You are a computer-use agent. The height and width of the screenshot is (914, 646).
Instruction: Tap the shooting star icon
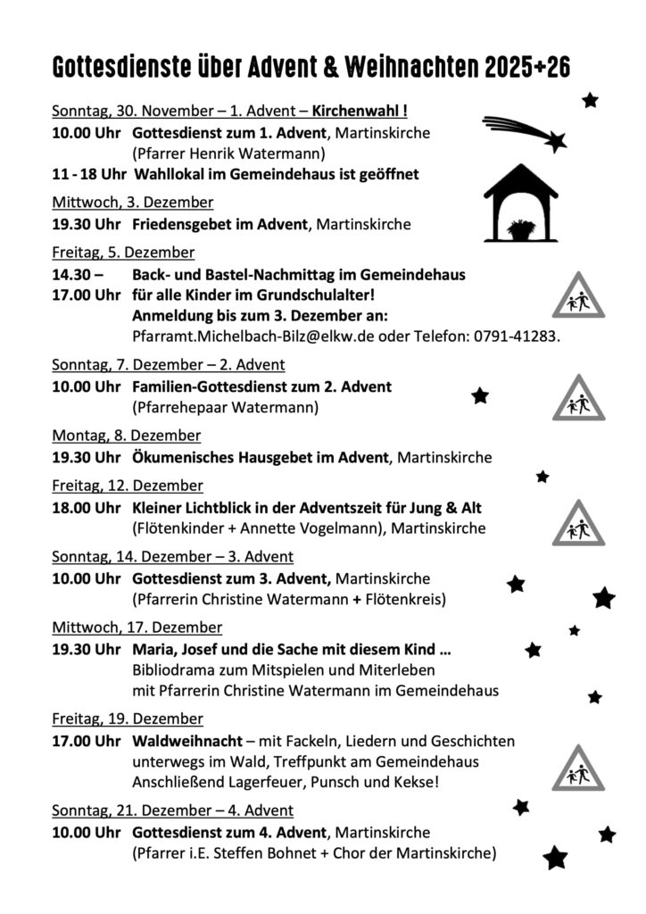(526, 132)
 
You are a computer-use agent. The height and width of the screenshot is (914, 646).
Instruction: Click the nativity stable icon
(520, 204)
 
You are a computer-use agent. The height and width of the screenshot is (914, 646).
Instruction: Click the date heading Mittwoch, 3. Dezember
(132, 203)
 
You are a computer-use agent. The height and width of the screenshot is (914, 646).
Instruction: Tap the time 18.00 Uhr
(86, 508)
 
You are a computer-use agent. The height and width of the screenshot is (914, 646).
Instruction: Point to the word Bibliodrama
(174, 669)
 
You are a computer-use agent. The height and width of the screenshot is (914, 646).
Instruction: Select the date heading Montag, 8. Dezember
(126, 436)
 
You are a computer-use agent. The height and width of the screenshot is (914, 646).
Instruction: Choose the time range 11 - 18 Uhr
(87, 174)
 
